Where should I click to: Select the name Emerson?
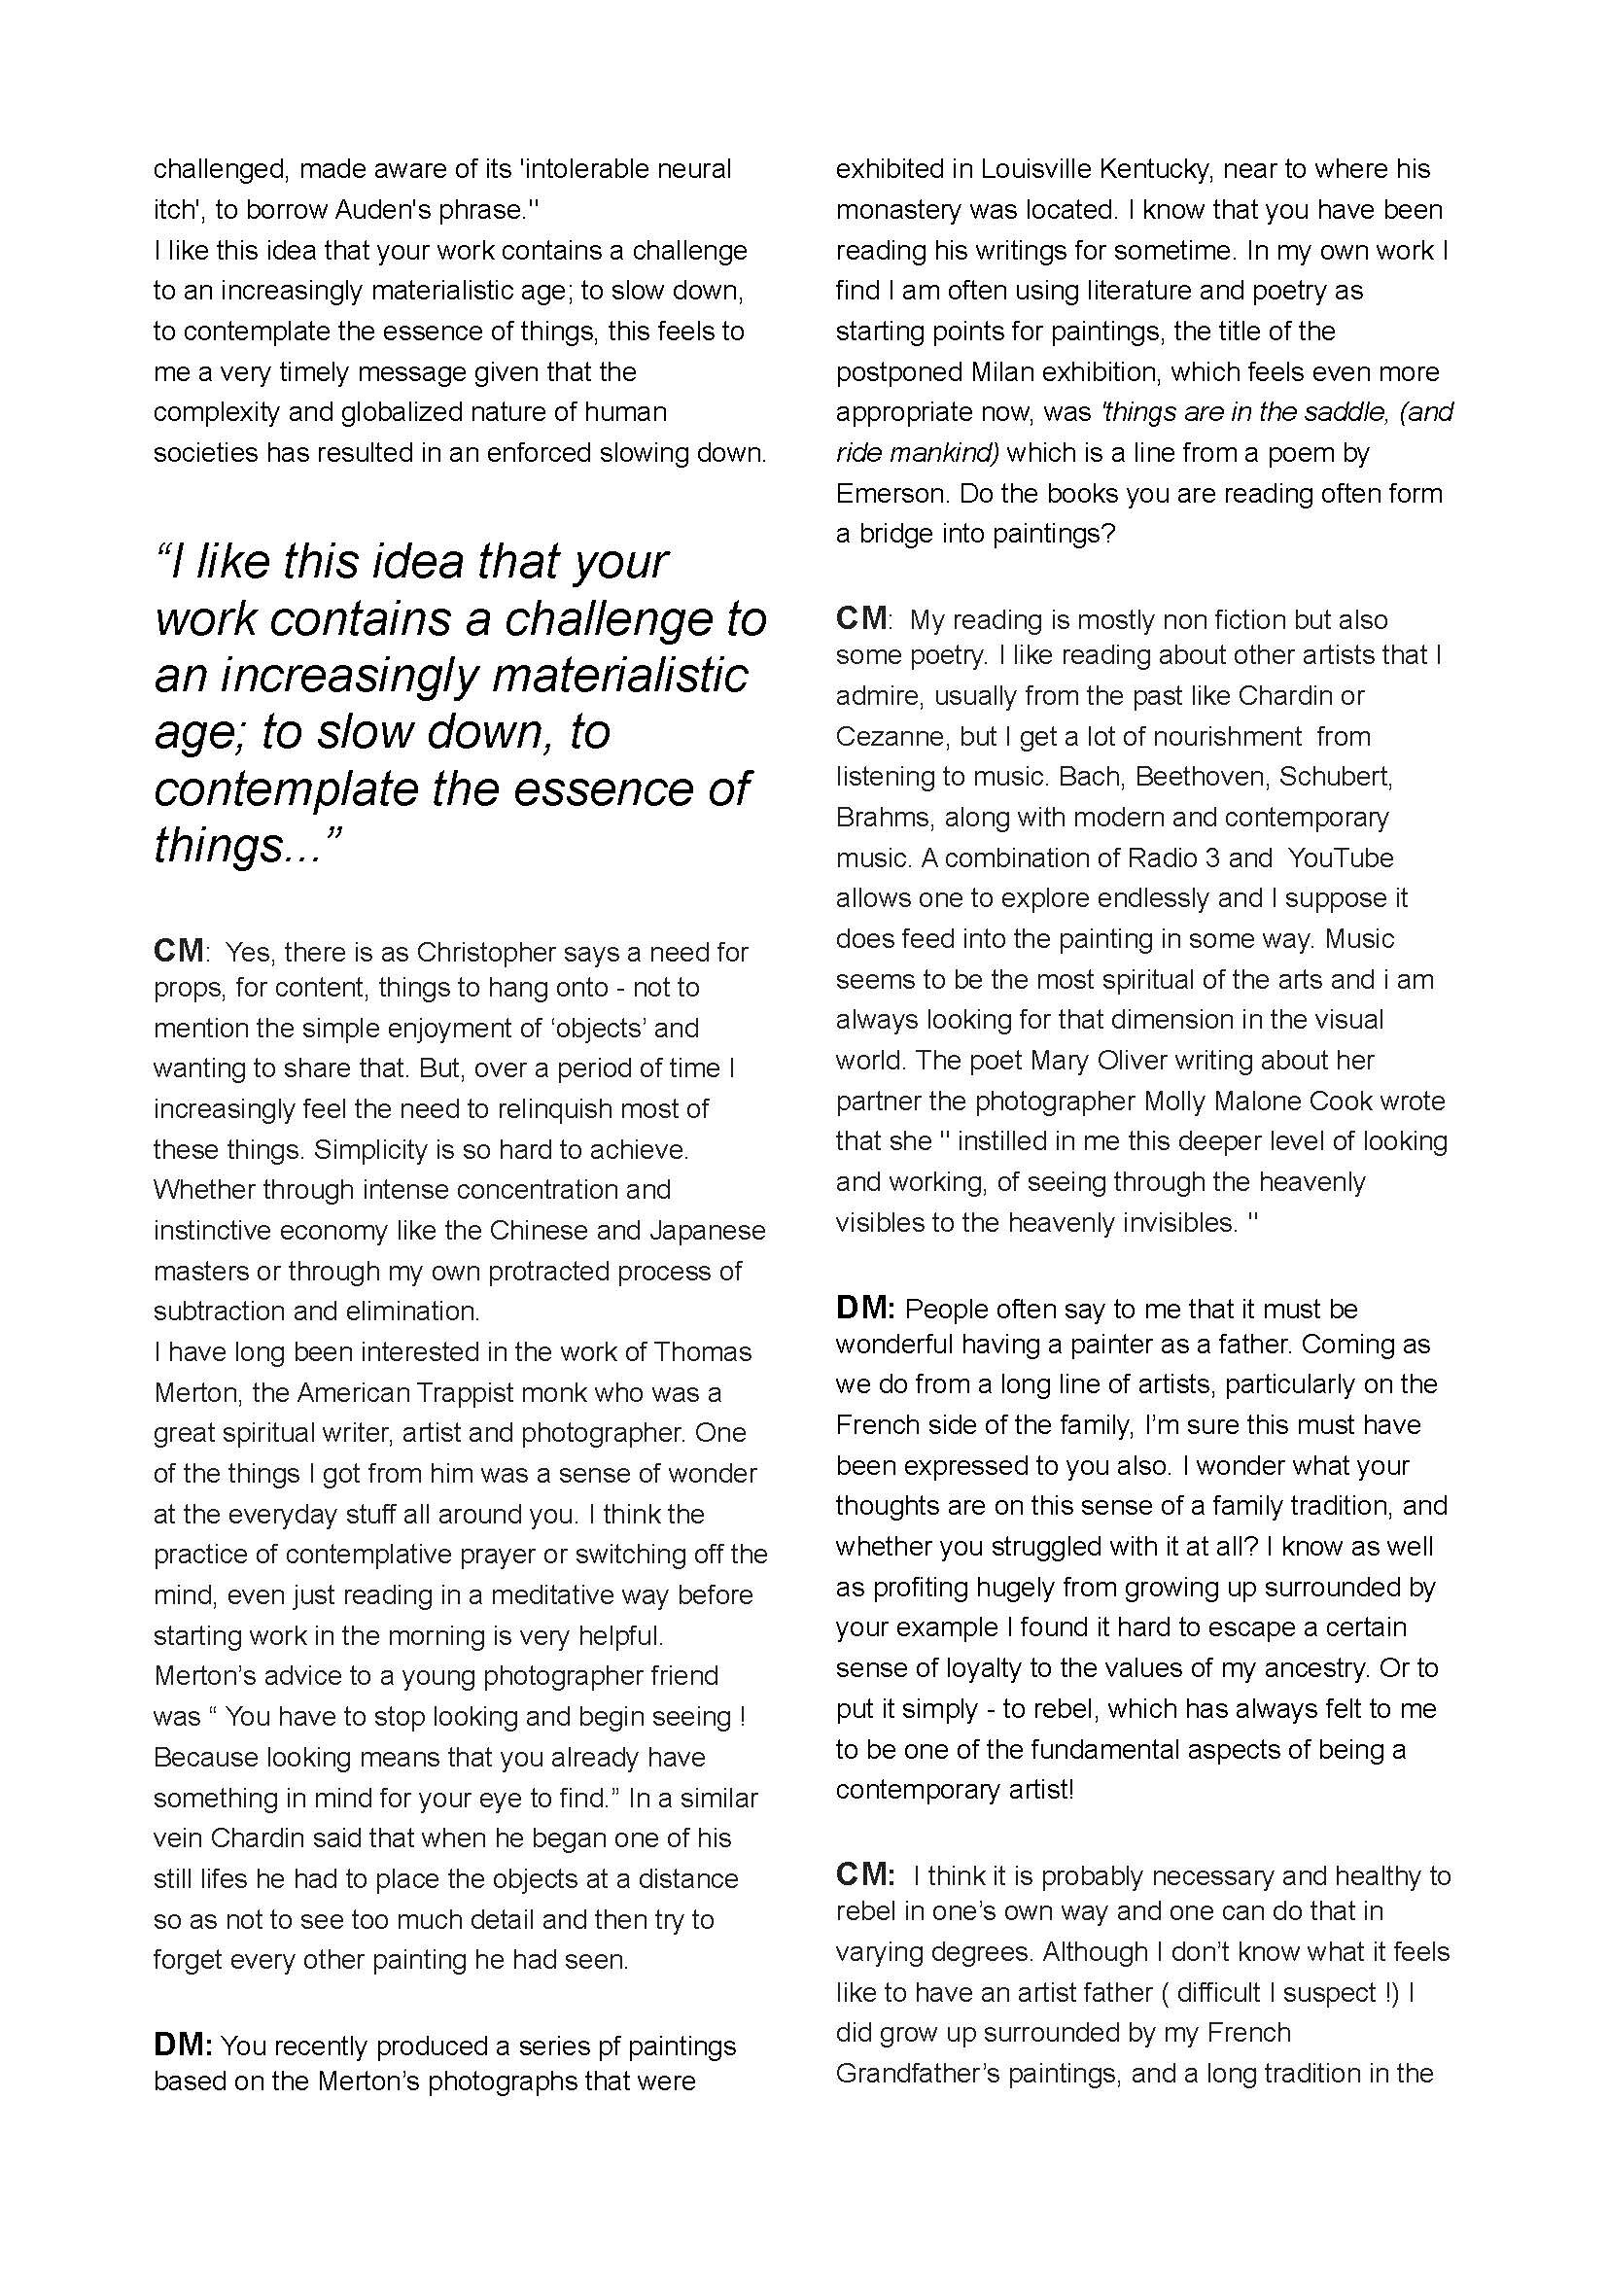pyautogui.click(x=891, y=493)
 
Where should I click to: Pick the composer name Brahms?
pyautogui.click(x=883, y=817)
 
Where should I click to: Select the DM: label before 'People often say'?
pyautogui.click(x=864, y=1309)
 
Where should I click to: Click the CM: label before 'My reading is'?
pyautogui.click(x=863, y=619)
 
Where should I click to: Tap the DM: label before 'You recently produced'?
pyautogui.click(x=182, y=2046)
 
